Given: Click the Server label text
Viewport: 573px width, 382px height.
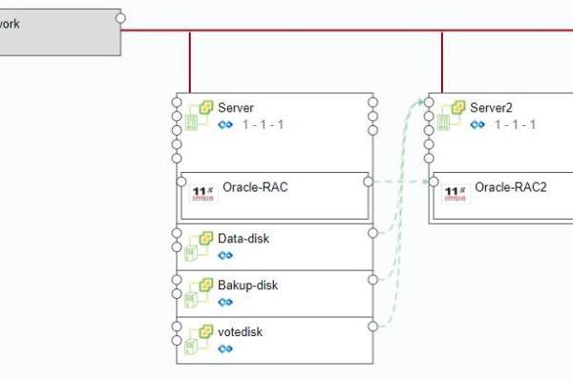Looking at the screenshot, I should coord(236,108).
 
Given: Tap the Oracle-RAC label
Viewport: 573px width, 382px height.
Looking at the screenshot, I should coord(255,187).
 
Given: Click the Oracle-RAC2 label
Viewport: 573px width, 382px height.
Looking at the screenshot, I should coord(511,187).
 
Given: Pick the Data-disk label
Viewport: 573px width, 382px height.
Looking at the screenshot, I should coord(244,238).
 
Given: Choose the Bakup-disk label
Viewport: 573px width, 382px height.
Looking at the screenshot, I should coord(248,285).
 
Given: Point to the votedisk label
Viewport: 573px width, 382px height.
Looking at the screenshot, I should coord(240,331).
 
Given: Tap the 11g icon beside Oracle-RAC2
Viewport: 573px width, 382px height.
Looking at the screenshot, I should coord(456,191).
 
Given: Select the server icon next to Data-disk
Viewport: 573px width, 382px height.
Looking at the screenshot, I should coord(200,244).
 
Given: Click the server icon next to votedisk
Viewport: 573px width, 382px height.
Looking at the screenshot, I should coord(200,338).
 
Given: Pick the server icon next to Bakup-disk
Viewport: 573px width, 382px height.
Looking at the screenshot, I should coord(200,291).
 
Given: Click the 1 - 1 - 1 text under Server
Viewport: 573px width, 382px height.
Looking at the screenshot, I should coord(263,125).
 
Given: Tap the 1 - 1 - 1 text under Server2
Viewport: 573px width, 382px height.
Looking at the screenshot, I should coord(515,125).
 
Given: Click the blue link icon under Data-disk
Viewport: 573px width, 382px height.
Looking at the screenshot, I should coord(225,255).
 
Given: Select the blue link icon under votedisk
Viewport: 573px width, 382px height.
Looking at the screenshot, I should coord(225,349).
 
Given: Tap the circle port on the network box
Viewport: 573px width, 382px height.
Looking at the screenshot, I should coord(120,17).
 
